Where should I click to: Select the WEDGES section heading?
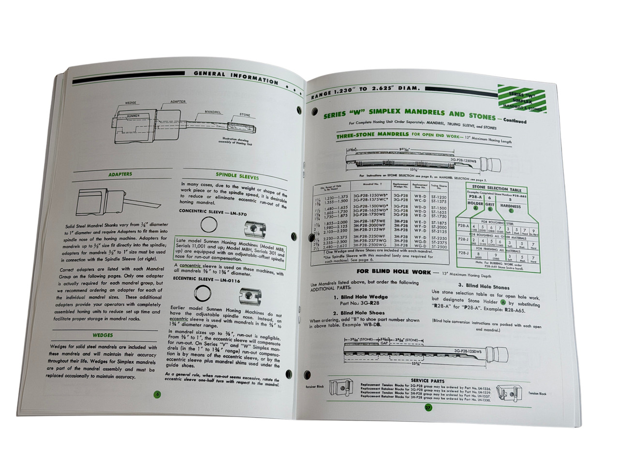click(x=103, y=335)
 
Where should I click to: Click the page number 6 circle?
click(x=156, y=394)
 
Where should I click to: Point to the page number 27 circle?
click(x=428, y=407)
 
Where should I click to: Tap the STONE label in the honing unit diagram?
click(x=245, y=116)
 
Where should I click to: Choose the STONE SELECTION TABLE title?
click(x=497, y=189)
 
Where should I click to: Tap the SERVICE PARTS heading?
click(x=428, y=381)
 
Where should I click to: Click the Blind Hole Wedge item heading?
click(x=360, y=297)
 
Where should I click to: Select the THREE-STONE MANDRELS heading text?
click(x=373, y=137)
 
